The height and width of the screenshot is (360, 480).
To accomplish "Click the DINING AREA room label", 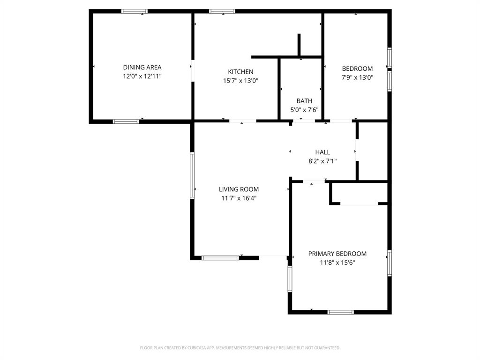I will (142, 67).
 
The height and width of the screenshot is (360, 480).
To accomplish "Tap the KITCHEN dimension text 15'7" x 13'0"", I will (240, 81).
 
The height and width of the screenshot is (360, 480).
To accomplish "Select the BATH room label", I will (304, 101).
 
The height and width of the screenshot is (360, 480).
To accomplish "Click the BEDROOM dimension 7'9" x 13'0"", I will (357, 78).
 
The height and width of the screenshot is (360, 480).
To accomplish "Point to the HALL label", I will (322, 152).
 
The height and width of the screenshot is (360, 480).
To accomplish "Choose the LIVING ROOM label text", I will (239, 189).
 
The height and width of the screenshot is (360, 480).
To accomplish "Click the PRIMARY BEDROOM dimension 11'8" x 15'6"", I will (337, 262).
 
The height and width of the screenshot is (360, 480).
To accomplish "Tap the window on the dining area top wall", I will (135, 11).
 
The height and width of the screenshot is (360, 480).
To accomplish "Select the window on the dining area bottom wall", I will (126, 121).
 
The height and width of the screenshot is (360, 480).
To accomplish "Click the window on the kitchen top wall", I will (222, 11).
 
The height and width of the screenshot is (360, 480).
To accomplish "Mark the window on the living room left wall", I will (192, 175).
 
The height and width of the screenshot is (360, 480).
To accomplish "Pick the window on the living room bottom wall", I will (220, 257).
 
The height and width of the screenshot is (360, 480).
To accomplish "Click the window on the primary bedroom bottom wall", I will (340, 312).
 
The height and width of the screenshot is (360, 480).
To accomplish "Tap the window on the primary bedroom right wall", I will (389, 263).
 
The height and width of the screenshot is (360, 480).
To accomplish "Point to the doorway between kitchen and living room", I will (242, 121).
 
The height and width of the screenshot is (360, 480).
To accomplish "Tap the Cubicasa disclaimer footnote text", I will (240, 348).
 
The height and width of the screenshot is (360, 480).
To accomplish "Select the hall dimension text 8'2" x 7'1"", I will (322, 161).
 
